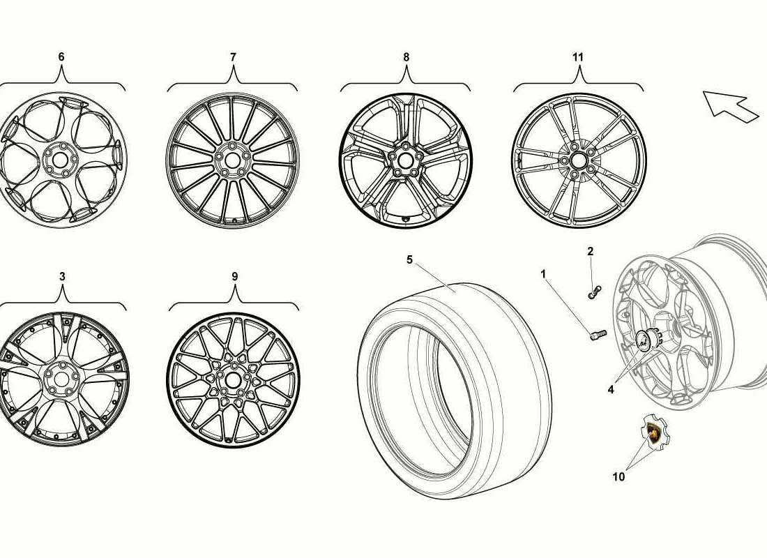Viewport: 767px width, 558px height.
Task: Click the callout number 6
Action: [x=61, y=56]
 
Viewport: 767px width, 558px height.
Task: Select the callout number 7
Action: [x=234, y=57]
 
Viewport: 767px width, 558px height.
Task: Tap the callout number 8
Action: [x=406, y=57]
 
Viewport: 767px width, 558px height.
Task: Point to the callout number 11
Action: [x=578, y=57]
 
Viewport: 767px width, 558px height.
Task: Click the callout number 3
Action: [x=62, y=276]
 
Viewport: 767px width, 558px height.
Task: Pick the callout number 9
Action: [x=235, y=276]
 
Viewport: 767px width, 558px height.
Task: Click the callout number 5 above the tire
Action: [x=410, y=259]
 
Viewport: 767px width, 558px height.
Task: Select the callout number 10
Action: [x=618, y=476]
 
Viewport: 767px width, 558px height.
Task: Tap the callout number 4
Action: [x=611, y=390]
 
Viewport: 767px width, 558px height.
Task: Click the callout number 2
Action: [x=591, y=252]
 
